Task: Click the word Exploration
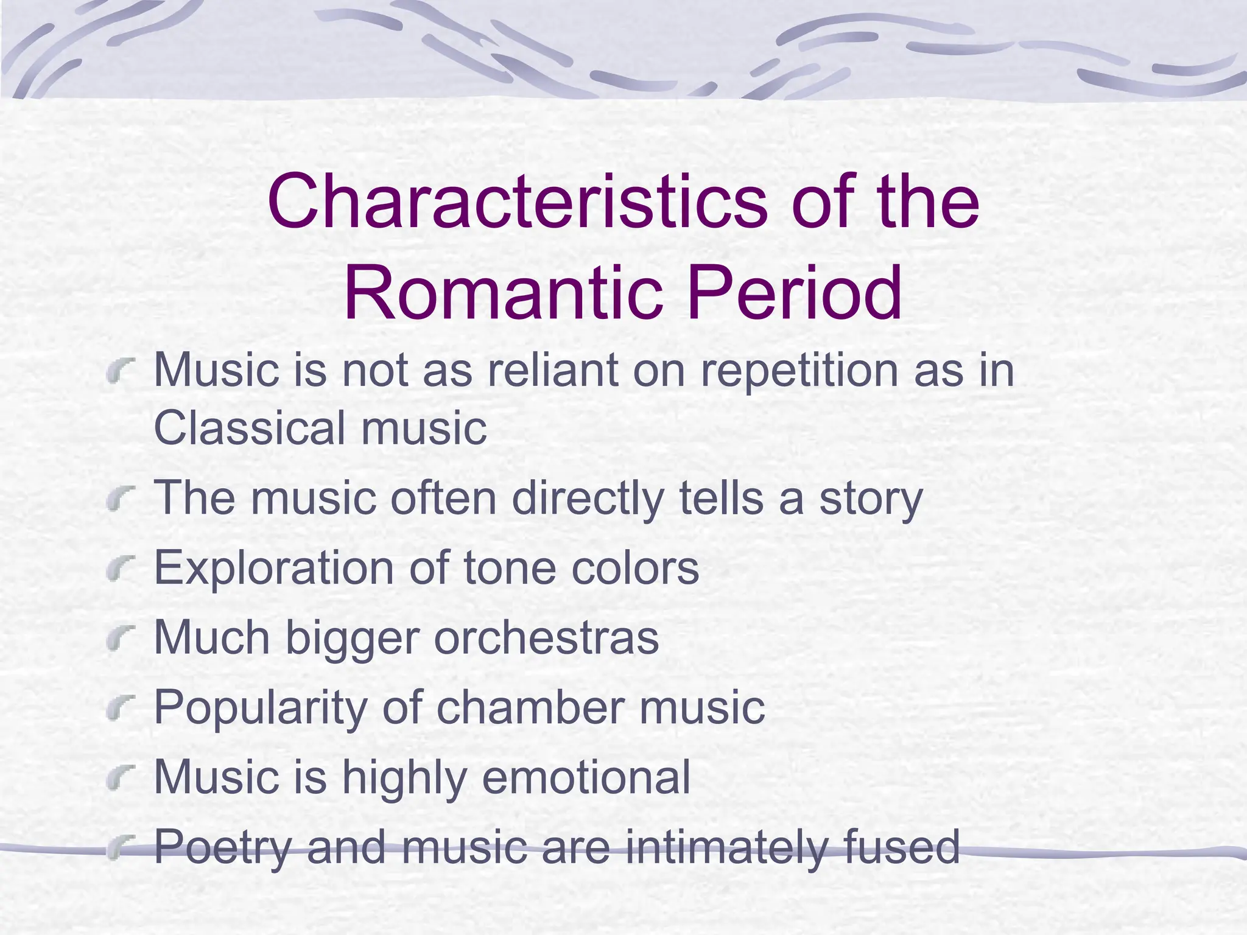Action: (274, 568)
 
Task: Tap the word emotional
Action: (586, 777)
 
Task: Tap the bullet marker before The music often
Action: (119, 499)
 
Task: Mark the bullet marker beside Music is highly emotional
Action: (119, 778)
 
